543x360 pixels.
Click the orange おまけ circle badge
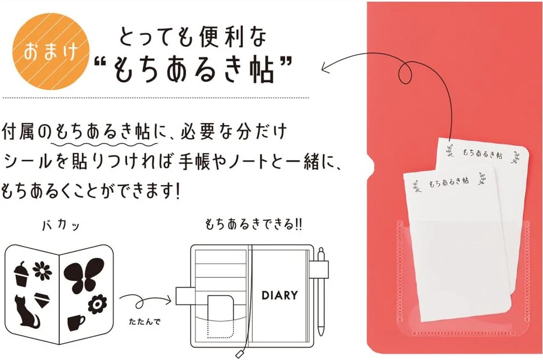(x=51, y=51)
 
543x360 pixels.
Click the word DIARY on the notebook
(x=280, y=295)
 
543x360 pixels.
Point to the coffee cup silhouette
(x=76, y=323)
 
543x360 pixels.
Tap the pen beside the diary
(x=321, y=292)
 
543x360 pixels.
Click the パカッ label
(x=61, y=225)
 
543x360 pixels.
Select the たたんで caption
(x=145, y=321)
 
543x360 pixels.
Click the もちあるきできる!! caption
(x=254, y=225)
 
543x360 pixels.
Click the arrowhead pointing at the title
(x=326, y=67)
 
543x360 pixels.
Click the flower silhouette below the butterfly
(x=98, y=304)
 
